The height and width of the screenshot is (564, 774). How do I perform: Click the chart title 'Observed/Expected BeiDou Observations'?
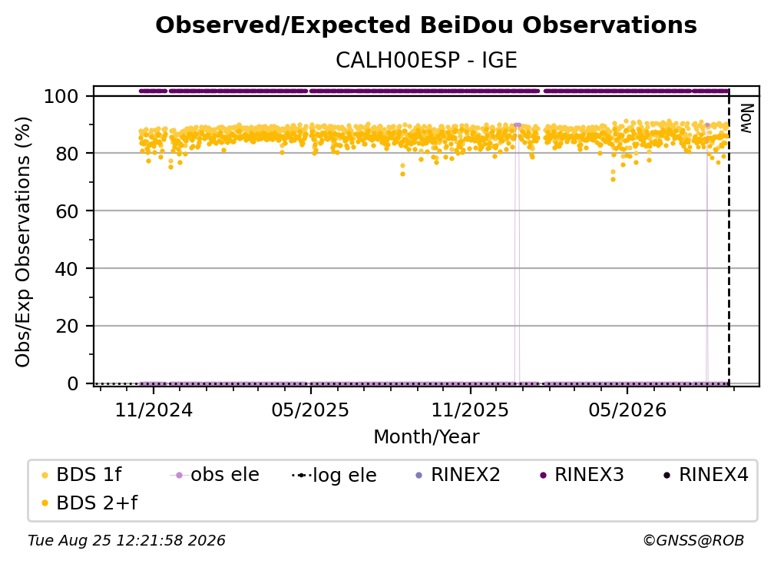point(426,25)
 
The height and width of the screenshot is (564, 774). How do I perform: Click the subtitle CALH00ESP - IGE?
point(426,60)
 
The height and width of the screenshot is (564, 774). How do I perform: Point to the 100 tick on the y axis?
point(61,96)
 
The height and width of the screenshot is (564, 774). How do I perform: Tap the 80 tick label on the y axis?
point(67,154)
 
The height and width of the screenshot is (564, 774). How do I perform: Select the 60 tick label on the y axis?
point(67,211)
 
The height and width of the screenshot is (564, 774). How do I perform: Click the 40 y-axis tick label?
point(67,269)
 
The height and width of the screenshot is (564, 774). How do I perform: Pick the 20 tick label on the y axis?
point(67,326)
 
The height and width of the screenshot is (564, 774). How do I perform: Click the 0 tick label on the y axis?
point(73,383)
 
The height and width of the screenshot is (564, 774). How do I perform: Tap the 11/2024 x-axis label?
point(154,410)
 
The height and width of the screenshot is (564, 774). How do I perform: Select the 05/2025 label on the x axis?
point(310,410)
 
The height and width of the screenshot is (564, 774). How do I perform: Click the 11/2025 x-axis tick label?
point(470,410)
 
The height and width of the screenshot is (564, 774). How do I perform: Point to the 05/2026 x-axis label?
point(627,410)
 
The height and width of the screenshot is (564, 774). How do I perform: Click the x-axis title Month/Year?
point(426,437)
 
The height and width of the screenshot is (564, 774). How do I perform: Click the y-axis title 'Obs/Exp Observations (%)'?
point(23,242)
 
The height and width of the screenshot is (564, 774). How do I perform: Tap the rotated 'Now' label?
point(746,118)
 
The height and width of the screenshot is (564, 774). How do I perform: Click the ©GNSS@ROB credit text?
point(693,540)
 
